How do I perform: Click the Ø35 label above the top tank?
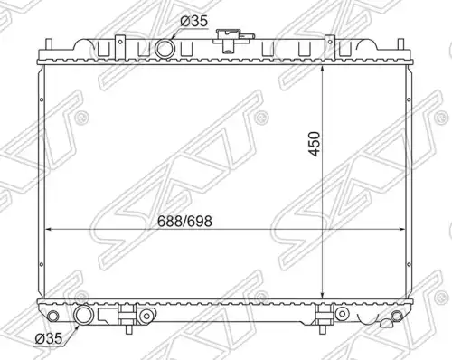[194, 22]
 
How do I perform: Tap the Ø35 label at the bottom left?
[49, 338]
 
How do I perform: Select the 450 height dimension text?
[315, 144]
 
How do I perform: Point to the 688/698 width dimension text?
[184, 222]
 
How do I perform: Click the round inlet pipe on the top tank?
[165, 49]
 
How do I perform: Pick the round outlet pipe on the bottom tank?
[83, 315]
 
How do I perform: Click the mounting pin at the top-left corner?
[49, 43]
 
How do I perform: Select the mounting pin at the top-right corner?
[400, 43]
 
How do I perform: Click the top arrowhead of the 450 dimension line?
[323, 69]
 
